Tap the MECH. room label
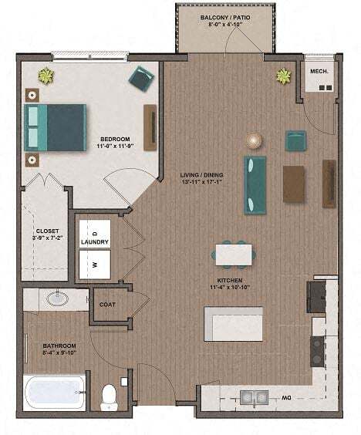(x=319, y=71)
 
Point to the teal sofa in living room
(x=255, y=184)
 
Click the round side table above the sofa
(x=255, y=140)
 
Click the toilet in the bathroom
(x=109, y=395)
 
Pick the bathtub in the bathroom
(x=54, y=393)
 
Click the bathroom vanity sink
(x=56, y=298)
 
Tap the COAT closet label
(x=107, y=304)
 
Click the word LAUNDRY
(x=94, y=242)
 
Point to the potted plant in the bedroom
(x=46, y=76)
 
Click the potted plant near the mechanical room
(x=284, y=76)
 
